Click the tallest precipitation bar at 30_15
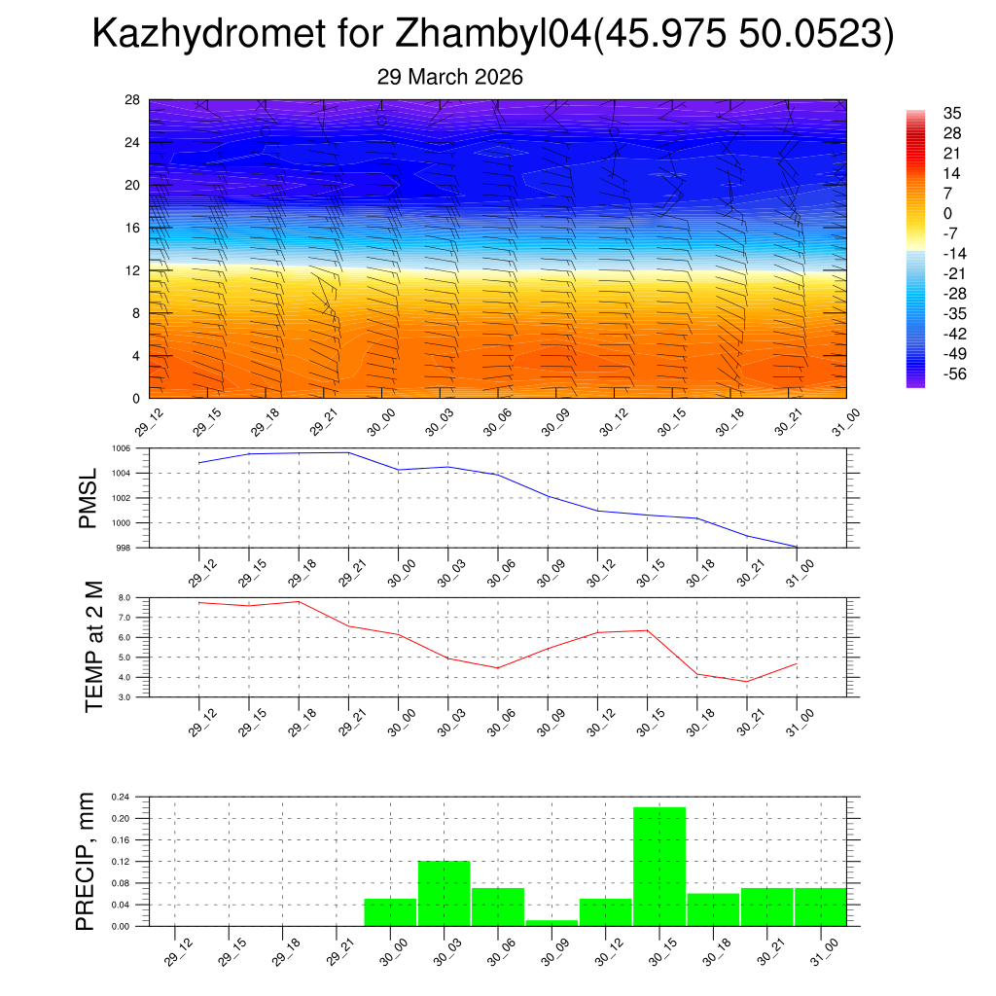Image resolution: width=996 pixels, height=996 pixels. click(x=658, y=866)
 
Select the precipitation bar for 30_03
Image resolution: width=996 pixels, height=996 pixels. click(x=444, y=893)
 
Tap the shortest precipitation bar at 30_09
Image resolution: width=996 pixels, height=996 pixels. click(x=551, y=922)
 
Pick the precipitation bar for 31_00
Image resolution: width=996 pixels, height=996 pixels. click(x=820, y=907)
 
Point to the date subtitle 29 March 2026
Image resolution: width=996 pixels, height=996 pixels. click(x=449, y=77)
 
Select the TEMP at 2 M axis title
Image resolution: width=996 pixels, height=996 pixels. click(x=93, y=648)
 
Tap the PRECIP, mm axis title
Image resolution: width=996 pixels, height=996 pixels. click(x=87, y=860)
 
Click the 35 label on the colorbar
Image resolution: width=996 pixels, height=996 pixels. click(x=952, y=113)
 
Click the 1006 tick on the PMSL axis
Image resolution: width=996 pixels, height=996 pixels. click(x=121, y=448)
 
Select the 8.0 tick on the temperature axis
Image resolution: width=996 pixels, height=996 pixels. click(x=124, y=598)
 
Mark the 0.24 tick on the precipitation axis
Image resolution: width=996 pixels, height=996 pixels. click(x=121, y=797)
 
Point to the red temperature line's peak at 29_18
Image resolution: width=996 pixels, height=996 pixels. click(x=299, y=601)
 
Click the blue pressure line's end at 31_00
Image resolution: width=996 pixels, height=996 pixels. click(x=797, y=547)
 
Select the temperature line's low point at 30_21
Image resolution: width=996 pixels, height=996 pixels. click(x=747, y=681)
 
